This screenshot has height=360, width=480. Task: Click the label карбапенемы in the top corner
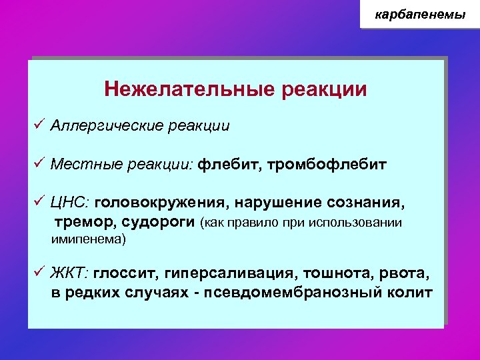(420, 14)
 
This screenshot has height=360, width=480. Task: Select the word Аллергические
(99, 126)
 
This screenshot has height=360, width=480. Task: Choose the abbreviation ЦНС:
(71, 202)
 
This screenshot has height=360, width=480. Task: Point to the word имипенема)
(89, 238)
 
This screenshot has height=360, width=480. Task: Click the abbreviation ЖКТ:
(71, 273)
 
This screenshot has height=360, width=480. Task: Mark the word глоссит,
(123, 273)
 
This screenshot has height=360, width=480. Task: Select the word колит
(413, 293)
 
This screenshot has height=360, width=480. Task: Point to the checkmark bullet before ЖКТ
(39, 273)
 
